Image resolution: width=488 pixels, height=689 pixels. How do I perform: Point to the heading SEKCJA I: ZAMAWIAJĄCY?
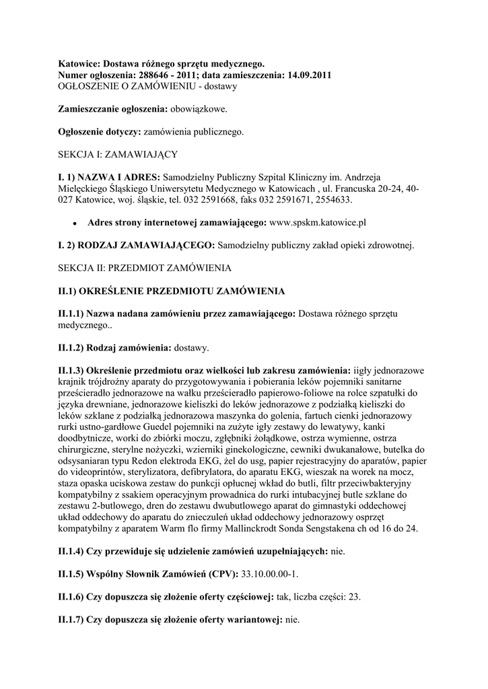click(x=118, y=154)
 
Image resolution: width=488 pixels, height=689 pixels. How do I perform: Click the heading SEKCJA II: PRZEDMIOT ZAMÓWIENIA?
click(x=145, y=268)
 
